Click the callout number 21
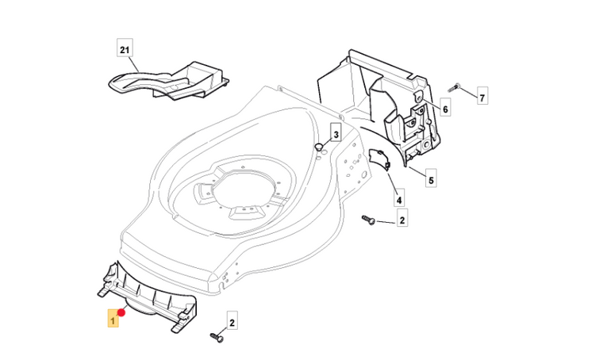pyautogui.click(x=124, y=49)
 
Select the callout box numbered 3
pyautogui.click(x=336, y=136)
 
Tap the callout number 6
pyautogui.click(x=445, y=109)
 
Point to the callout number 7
pyautogui.click(x=482, y=98)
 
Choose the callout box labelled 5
pyautogui.click(x=431, y=180)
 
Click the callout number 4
pyautogui.click(x=399, y=201)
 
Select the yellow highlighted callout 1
pyautogui.click(x=113, y=320)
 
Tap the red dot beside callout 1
pyautogui.click(x=121, y=313)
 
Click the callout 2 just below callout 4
pyautogui.click(x=402, y=221)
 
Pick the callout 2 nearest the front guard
pyautogui.click(x=232, y=323)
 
